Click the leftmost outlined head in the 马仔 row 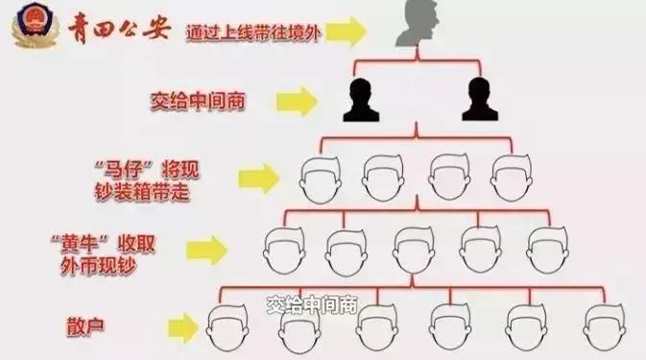click(322, 178)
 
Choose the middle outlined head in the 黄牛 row click(416, 251)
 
